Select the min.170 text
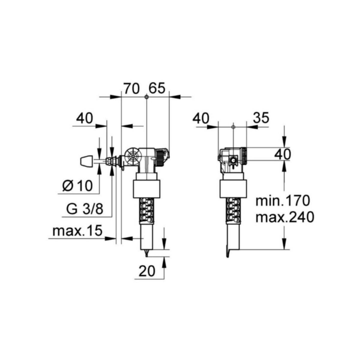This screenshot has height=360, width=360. tap(282, 201)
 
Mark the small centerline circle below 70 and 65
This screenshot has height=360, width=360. tap(146, 97)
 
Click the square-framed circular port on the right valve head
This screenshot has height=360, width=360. tap(233, 161)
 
